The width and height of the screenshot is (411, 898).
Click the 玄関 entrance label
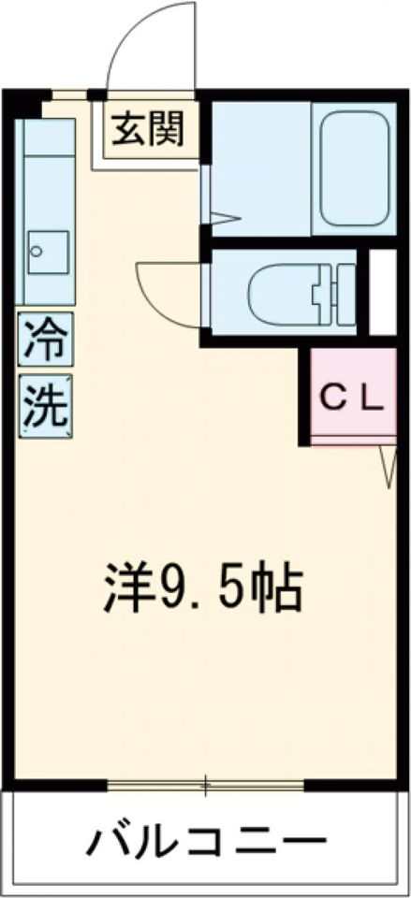pyautogui.click(x=145, y=129)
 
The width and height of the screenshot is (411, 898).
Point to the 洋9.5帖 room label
pyautogui.click(x=202, y=587)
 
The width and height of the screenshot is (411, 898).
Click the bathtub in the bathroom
pyautogui.click(x=354, y=167)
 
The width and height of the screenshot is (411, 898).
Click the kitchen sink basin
pyautogui.click(x=47, y=251)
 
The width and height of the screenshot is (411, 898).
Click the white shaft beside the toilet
pyautogui.click(x=382, y=291)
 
